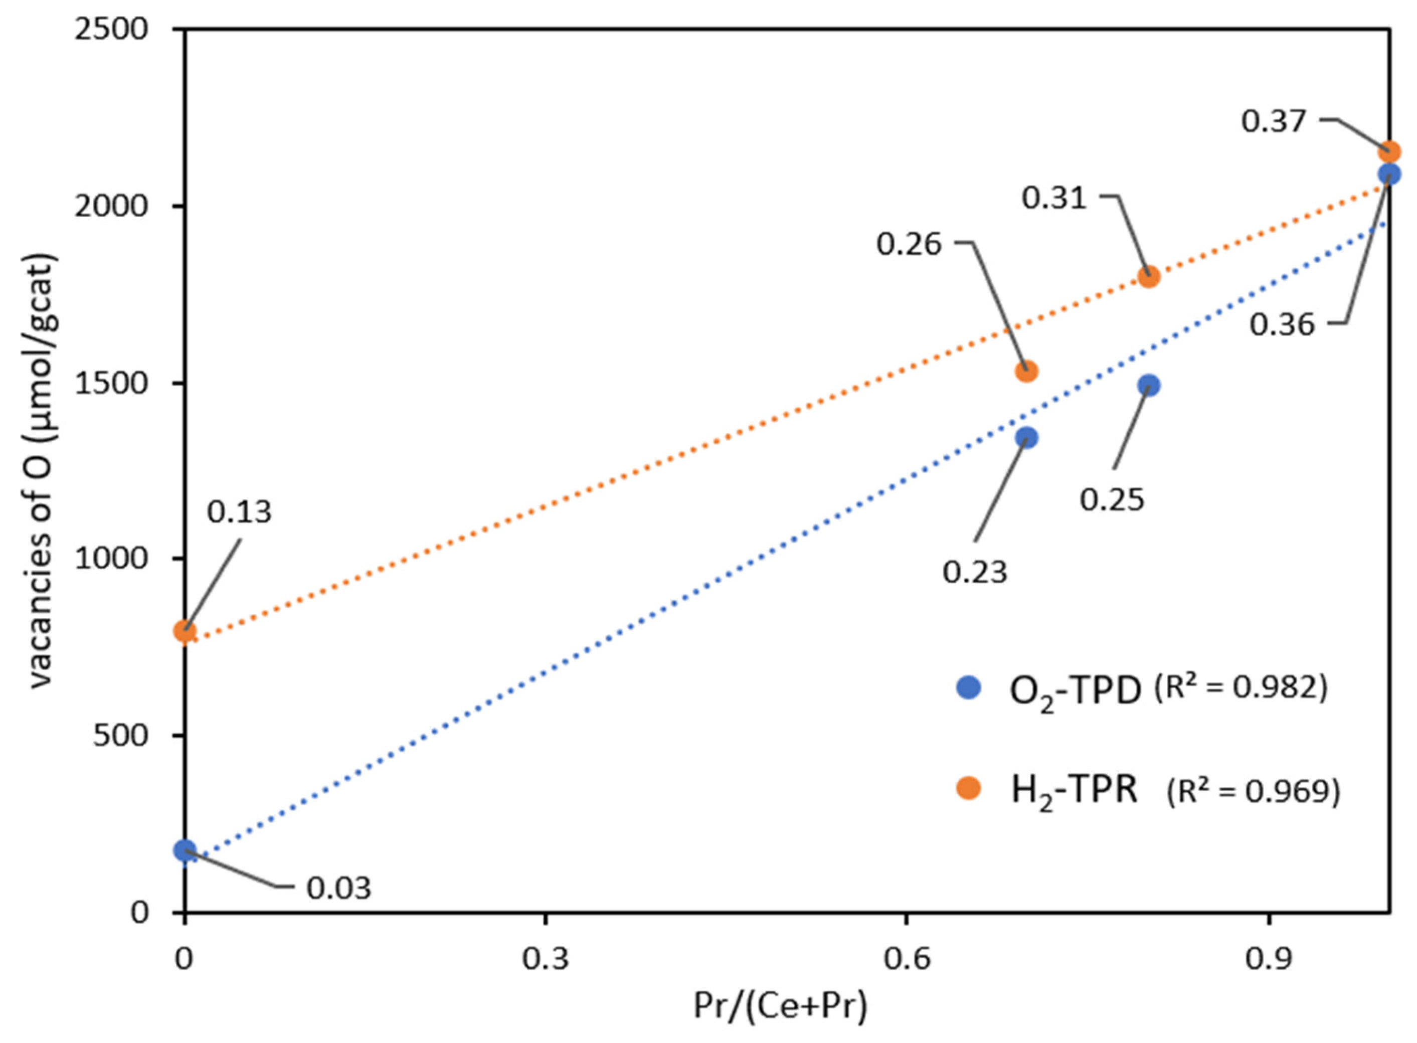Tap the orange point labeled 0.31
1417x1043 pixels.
pos(1149,276)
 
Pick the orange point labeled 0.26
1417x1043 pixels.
pos(1026,371)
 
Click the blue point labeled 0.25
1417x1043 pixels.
pos(1149,385)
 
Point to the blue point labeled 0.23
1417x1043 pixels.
pos(1026,438)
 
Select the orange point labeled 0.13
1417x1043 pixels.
pos(185,631)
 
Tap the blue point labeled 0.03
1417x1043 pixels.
pos(185,850)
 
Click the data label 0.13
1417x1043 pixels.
pos(239,512)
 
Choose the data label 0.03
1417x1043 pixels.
pos(339,889)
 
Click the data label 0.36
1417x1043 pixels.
pos(1282,325)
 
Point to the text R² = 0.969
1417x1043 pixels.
pos(1253,792)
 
